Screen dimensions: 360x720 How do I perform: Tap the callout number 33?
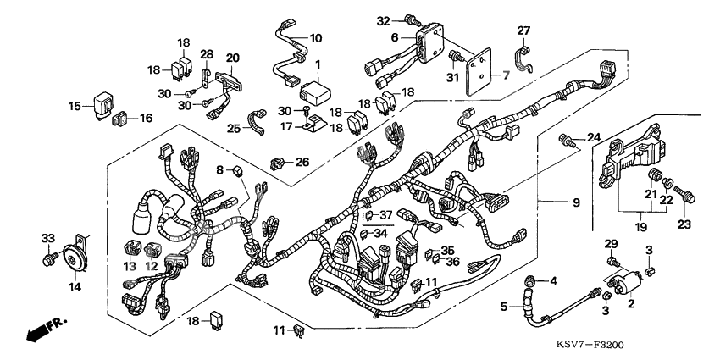[47, 238]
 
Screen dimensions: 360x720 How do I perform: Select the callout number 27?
[523, 31]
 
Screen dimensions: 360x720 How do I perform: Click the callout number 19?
[642, 228]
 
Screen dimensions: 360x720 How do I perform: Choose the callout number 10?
[315, 38]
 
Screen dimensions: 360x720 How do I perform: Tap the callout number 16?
[147, 119]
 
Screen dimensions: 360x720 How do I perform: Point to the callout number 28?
[207, 55]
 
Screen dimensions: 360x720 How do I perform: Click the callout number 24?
[593, 136]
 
